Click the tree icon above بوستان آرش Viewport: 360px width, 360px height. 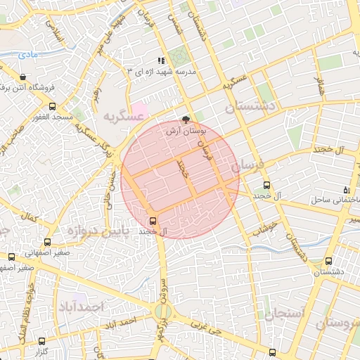(x=186, y=120)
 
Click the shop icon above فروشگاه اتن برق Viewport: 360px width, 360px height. (x=25, y=77)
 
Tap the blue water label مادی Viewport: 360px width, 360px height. (x=28, y=54)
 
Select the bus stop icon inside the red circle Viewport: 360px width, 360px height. (x=154, y=218)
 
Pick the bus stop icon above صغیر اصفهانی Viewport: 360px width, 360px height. (x=11, y=257)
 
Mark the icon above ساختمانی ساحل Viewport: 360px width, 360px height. (x=345, y=190)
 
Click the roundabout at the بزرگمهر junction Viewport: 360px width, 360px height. (x=164, y=310)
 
